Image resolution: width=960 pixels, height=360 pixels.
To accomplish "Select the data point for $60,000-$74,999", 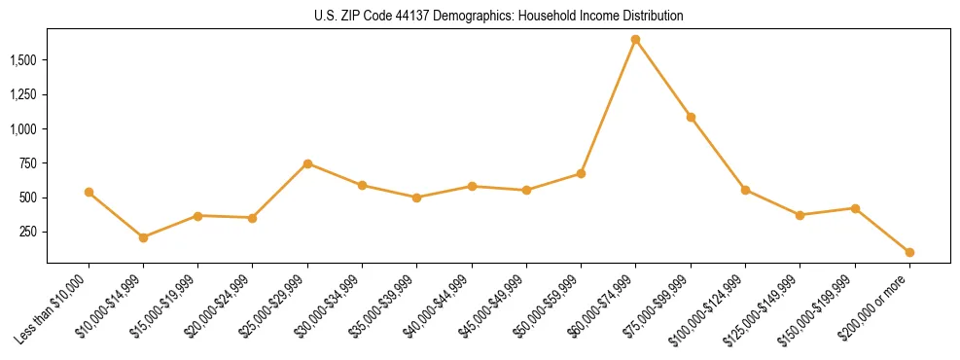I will coord(636,40).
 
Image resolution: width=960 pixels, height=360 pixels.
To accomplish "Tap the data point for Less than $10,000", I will coord(89,193).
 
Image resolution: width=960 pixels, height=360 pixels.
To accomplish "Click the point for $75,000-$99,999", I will coord(691,117).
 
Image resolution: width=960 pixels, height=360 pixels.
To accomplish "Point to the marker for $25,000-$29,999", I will coord(307,163).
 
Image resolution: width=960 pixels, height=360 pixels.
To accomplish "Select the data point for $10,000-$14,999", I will coord(143,237).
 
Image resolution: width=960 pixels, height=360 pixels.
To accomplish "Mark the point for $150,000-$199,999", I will coord(855,208).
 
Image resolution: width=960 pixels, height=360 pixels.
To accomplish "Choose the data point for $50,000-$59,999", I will coord(581,173).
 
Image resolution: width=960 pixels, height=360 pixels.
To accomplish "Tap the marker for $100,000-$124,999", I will coord(745,190).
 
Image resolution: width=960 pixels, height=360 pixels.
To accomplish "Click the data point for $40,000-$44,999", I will coord(472,186).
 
